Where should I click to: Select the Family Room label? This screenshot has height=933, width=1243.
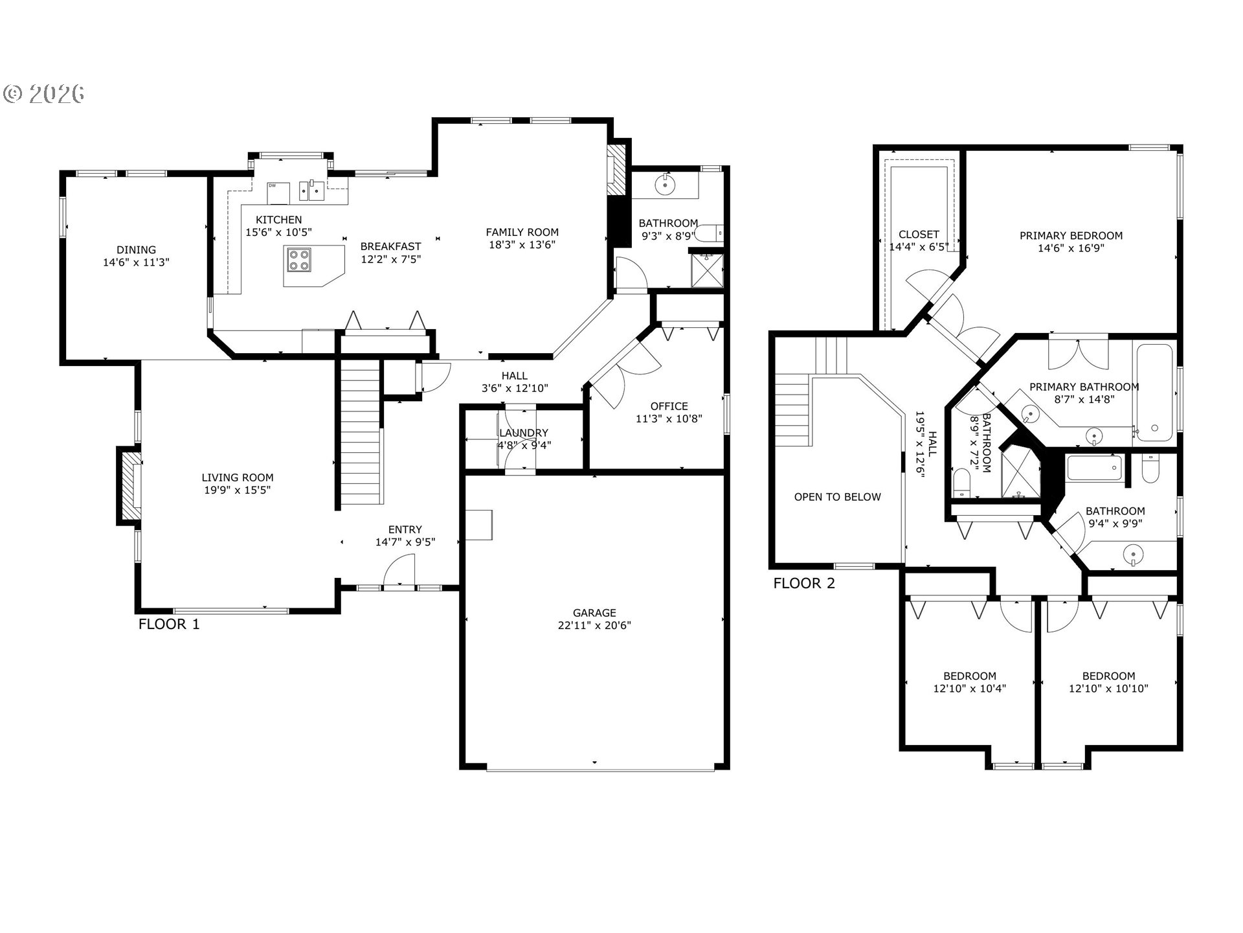(522, 232)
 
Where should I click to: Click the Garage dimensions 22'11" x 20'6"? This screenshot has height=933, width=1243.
(594, 625)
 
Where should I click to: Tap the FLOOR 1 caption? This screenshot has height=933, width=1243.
(169, 624)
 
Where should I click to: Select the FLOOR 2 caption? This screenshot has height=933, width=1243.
(804, 583)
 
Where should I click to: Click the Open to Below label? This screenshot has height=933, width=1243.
(837, 497)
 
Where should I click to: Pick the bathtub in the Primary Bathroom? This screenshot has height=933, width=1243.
(1154, 392)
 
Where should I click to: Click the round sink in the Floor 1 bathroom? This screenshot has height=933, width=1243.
(665, 185)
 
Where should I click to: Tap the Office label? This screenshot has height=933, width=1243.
(669, 406)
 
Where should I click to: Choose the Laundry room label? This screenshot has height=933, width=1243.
(524, 433)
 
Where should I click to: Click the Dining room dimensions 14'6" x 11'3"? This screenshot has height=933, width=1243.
(136, 262)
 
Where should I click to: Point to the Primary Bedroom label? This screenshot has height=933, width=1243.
(1071, 236)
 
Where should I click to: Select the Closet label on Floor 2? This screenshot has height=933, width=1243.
(919, 235)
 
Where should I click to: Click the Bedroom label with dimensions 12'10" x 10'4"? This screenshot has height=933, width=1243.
(969, 676)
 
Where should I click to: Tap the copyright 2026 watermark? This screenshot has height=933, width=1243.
(44, 95)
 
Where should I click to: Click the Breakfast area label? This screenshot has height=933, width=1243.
(390, 246)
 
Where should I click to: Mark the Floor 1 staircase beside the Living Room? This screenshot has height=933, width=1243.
(360, 433)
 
